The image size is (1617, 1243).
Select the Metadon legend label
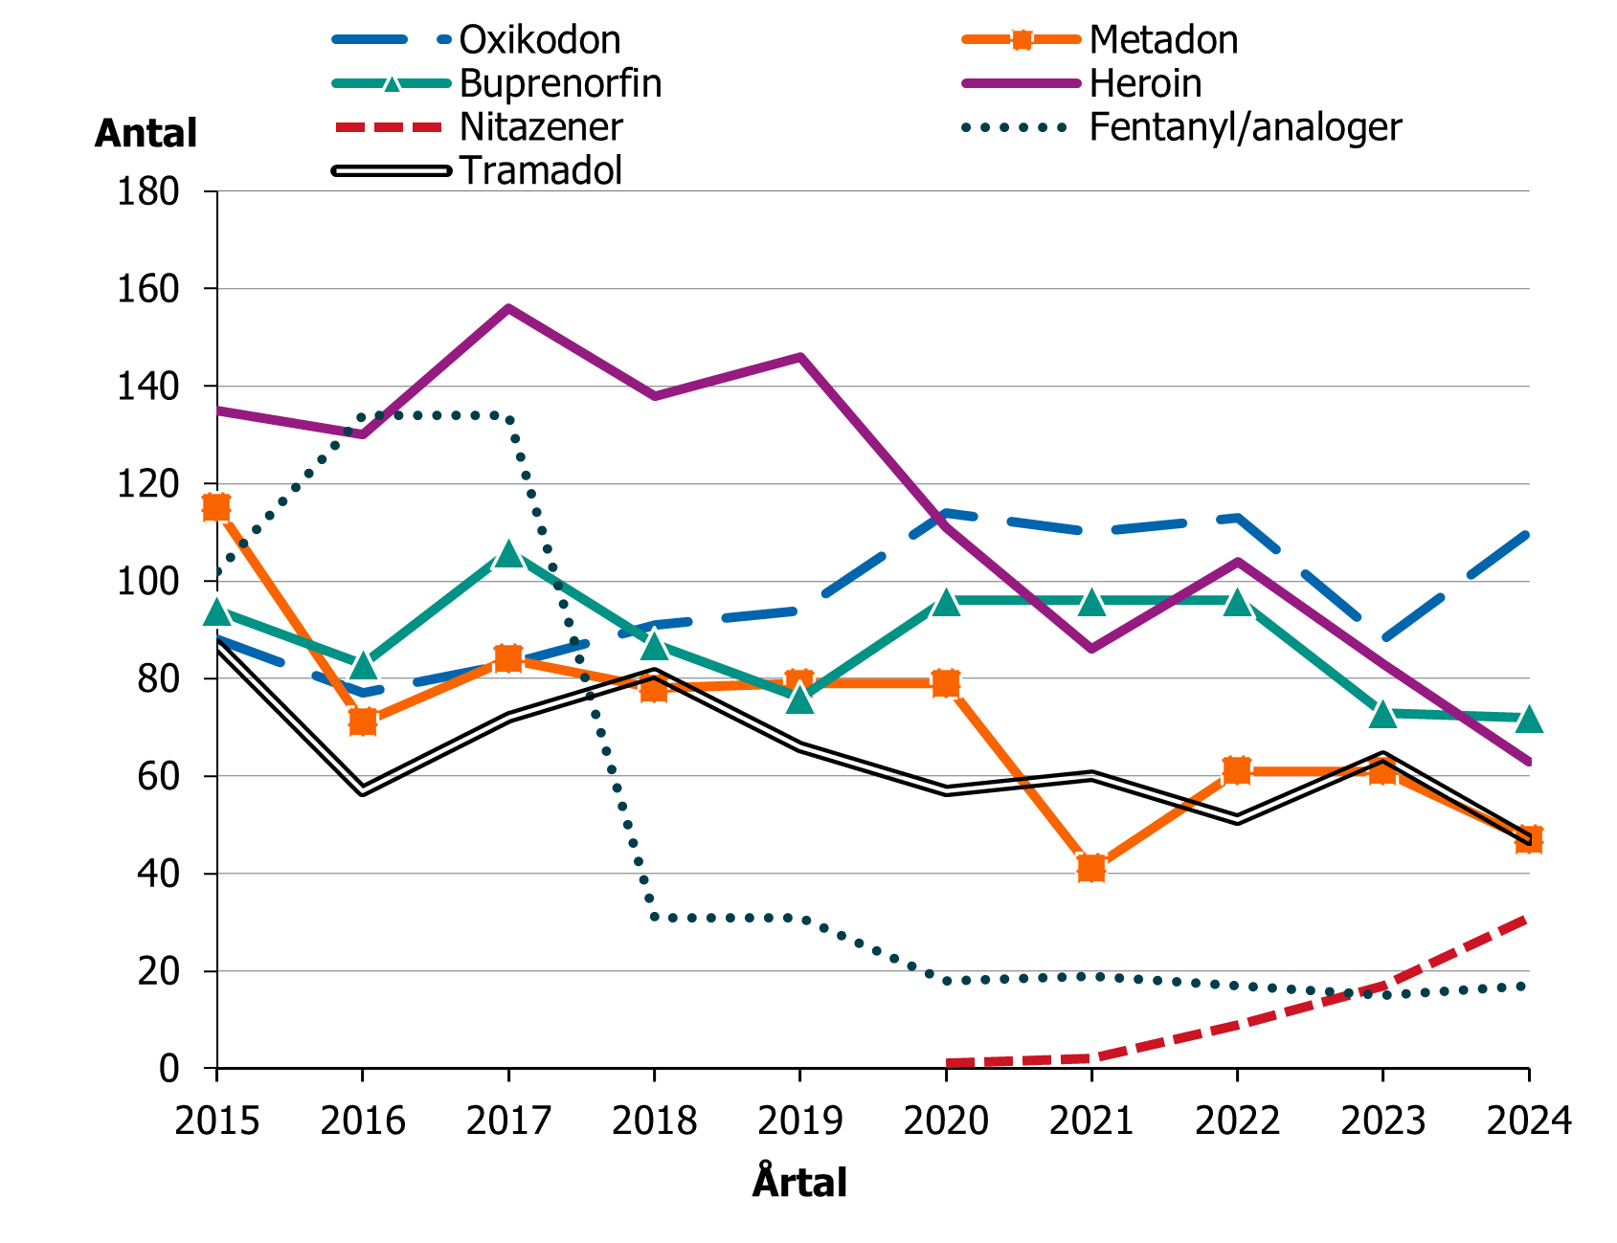(x=1162, y=40)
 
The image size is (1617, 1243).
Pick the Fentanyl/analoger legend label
(x=1245, y=127)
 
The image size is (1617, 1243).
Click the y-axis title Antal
(x=146, y=133)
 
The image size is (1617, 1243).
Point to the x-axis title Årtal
(x=799, y=1183)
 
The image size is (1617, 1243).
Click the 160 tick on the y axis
(x=148, y=289)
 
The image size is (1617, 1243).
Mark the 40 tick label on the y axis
(x=160, y=874)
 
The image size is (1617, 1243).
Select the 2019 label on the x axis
(x=799, y=1120)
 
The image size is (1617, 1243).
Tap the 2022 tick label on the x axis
(x=1237, y=1120)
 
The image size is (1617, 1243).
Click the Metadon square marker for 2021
(x=1091, y=868)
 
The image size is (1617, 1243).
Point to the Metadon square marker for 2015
(x=216, y=507)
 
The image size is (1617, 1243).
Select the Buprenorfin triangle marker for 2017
(x=508, y=554)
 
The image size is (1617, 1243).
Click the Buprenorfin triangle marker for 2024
(x=1529, y=719)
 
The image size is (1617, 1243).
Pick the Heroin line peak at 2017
(x=508, y=308)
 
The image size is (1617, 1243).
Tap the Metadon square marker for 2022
(x=1237, y=770)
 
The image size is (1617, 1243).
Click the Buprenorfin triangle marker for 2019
(x=800, y=699)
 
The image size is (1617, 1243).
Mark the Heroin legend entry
(x=1145, y=84)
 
